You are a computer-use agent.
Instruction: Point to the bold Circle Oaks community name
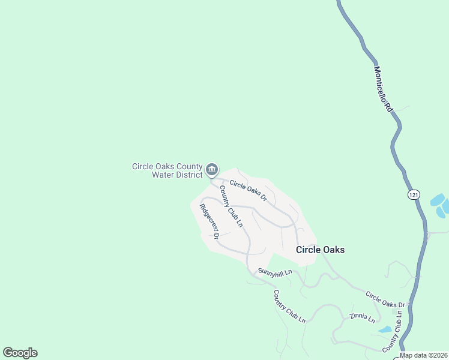[x=321, y=250]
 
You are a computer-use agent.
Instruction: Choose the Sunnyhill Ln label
[x=275, y=272]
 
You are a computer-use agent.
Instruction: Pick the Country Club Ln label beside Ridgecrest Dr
[x=231, y=206]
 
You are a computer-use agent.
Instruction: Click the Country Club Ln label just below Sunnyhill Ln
[x=289, y=307]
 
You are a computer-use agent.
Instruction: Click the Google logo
[x=20, y=353]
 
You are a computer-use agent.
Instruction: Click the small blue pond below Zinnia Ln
[x=385, y=329]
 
